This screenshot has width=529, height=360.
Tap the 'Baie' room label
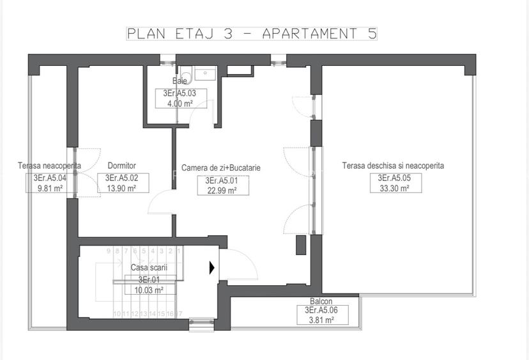coord(180,81)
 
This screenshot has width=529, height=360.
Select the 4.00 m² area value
coord(180,103)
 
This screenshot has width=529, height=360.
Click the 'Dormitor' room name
coord(121,166)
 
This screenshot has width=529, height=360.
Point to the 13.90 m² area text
coord(121,188)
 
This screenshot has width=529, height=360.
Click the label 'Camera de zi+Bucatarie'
coord(221,168)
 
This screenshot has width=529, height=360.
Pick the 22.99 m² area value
coord(221,190)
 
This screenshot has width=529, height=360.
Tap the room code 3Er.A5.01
coord(221,181)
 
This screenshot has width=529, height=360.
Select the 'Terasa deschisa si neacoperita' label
coord(393,166)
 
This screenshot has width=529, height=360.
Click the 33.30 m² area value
coord(393,188)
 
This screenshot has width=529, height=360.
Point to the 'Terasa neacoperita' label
coord(49,166)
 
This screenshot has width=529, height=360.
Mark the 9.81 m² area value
coord(50,188)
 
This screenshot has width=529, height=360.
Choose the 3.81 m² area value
coord(321,319)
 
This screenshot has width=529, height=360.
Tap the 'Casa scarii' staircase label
coord(149,268)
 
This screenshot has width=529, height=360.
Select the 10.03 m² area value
coord(149,290)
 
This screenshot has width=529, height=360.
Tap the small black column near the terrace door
coord(300,245)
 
